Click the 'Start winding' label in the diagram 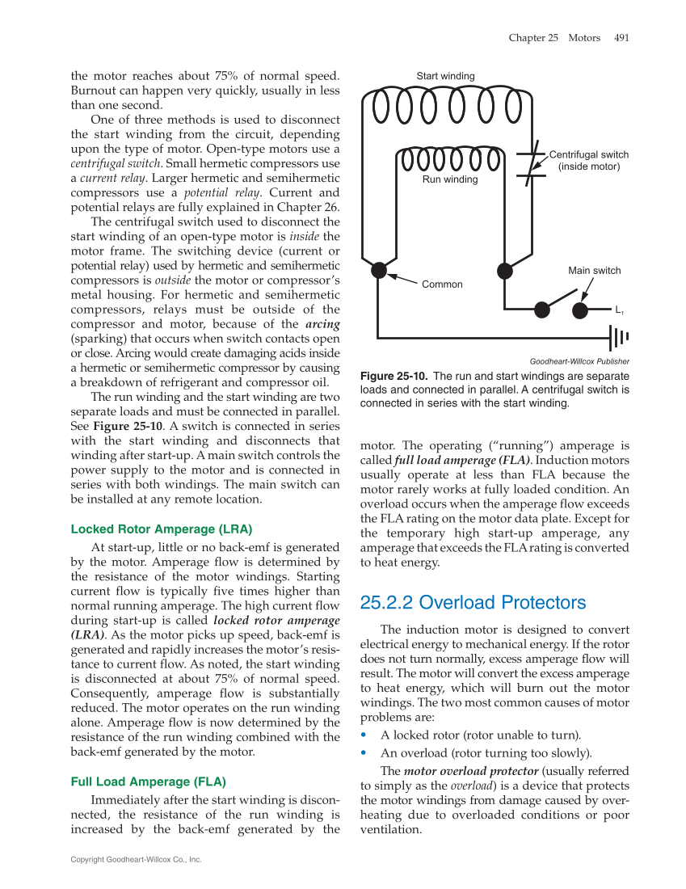445,76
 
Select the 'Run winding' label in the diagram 450,179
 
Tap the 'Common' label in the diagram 442,284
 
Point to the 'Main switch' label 595,271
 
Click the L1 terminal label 619,310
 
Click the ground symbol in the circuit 620,337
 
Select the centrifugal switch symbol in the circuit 530,165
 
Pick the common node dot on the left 379,270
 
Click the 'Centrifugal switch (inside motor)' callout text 588,161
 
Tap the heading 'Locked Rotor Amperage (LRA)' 162,529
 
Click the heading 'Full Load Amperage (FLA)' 149,782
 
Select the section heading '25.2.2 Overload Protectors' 473,603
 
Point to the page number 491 621,37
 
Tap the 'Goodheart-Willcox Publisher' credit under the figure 579,361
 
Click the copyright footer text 136,859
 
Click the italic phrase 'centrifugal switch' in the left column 112,163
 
